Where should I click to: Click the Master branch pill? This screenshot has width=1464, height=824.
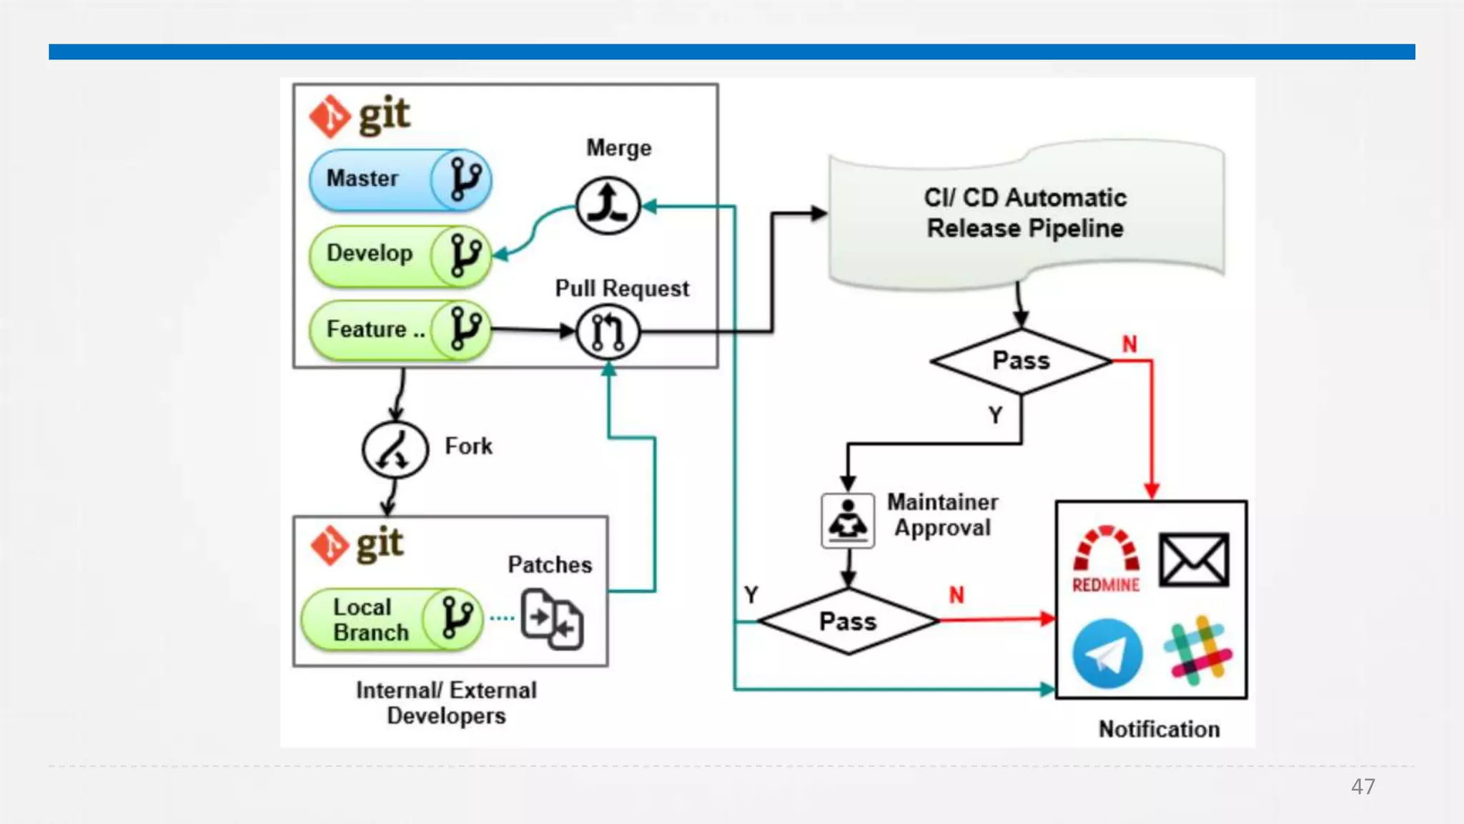400,180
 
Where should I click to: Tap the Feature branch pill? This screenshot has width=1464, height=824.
400,330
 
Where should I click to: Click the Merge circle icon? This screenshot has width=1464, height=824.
608,206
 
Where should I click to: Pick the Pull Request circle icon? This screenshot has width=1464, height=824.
608,332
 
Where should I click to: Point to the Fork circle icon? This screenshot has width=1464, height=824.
395,449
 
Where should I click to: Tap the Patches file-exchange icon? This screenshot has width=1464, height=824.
552,619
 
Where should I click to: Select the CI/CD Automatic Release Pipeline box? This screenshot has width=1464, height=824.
1025,214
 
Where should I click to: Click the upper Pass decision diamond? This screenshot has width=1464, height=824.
1021,361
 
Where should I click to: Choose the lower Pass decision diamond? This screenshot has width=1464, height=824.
848,622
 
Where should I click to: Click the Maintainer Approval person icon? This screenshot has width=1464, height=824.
848,521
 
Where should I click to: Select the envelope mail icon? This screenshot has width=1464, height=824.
1194,559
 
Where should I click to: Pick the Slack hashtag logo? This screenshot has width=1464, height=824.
1197,651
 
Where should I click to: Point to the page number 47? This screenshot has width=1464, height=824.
1362,787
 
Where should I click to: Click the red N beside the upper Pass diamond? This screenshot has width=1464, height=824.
1129,345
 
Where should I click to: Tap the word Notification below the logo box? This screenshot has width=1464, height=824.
1159,730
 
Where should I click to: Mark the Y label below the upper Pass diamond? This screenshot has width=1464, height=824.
995,415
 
